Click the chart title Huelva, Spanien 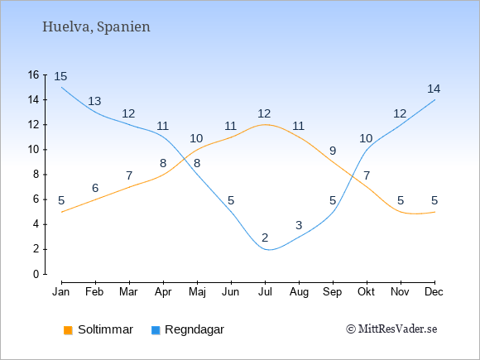(96, 27)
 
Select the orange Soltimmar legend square (68, 330)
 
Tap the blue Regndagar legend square (156, 330)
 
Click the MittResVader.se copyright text (391, 329)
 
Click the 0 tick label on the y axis (36, 274)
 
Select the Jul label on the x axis (265, 292)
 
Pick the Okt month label (366, 292)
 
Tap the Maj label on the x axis (197, 292)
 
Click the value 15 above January (60, 76)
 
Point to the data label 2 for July (265, 238)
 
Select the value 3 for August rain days (299, 225)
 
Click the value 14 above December (434, 89)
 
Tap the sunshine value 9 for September (333, 151)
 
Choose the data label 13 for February (94, 101)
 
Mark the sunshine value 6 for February (95, 188)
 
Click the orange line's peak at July (265, 125)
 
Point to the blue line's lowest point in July (269, 250)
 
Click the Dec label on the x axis (434, 292)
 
